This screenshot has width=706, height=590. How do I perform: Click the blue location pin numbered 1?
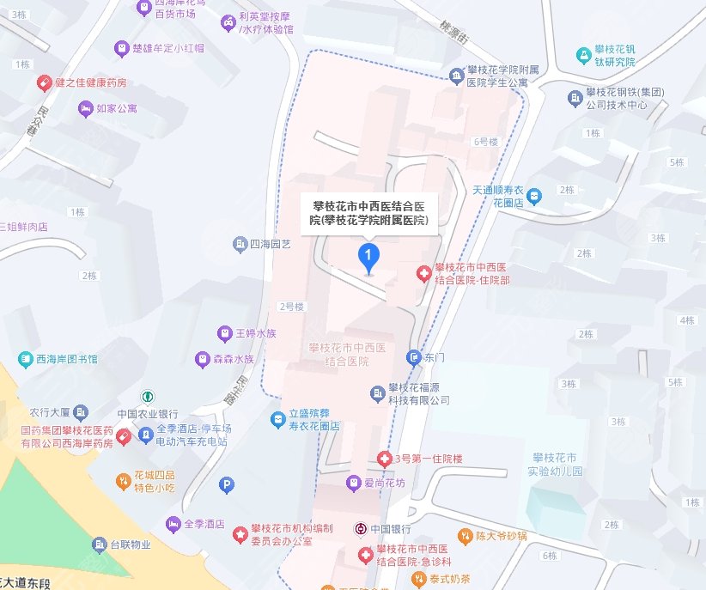tap(368, 256)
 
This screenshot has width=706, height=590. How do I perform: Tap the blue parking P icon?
tap(227, 485)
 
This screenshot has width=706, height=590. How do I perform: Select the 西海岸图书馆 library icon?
tap(21, 358)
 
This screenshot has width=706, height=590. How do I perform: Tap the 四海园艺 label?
tap(270, 245)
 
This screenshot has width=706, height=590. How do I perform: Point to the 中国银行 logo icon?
tap(362, 529)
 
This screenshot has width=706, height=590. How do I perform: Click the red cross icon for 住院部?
tap(423, 274)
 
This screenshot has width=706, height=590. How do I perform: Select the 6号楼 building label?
tap(485, 142)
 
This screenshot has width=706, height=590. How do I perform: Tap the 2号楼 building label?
tap(293, 306)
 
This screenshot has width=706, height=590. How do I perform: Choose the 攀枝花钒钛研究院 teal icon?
tap(584, 55)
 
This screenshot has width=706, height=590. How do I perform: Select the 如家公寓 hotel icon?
tap(85, 109)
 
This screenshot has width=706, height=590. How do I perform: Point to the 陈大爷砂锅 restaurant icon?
tap(464, 534)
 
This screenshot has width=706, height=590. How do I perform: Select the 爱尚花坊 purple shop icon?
tap(352, 484)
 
